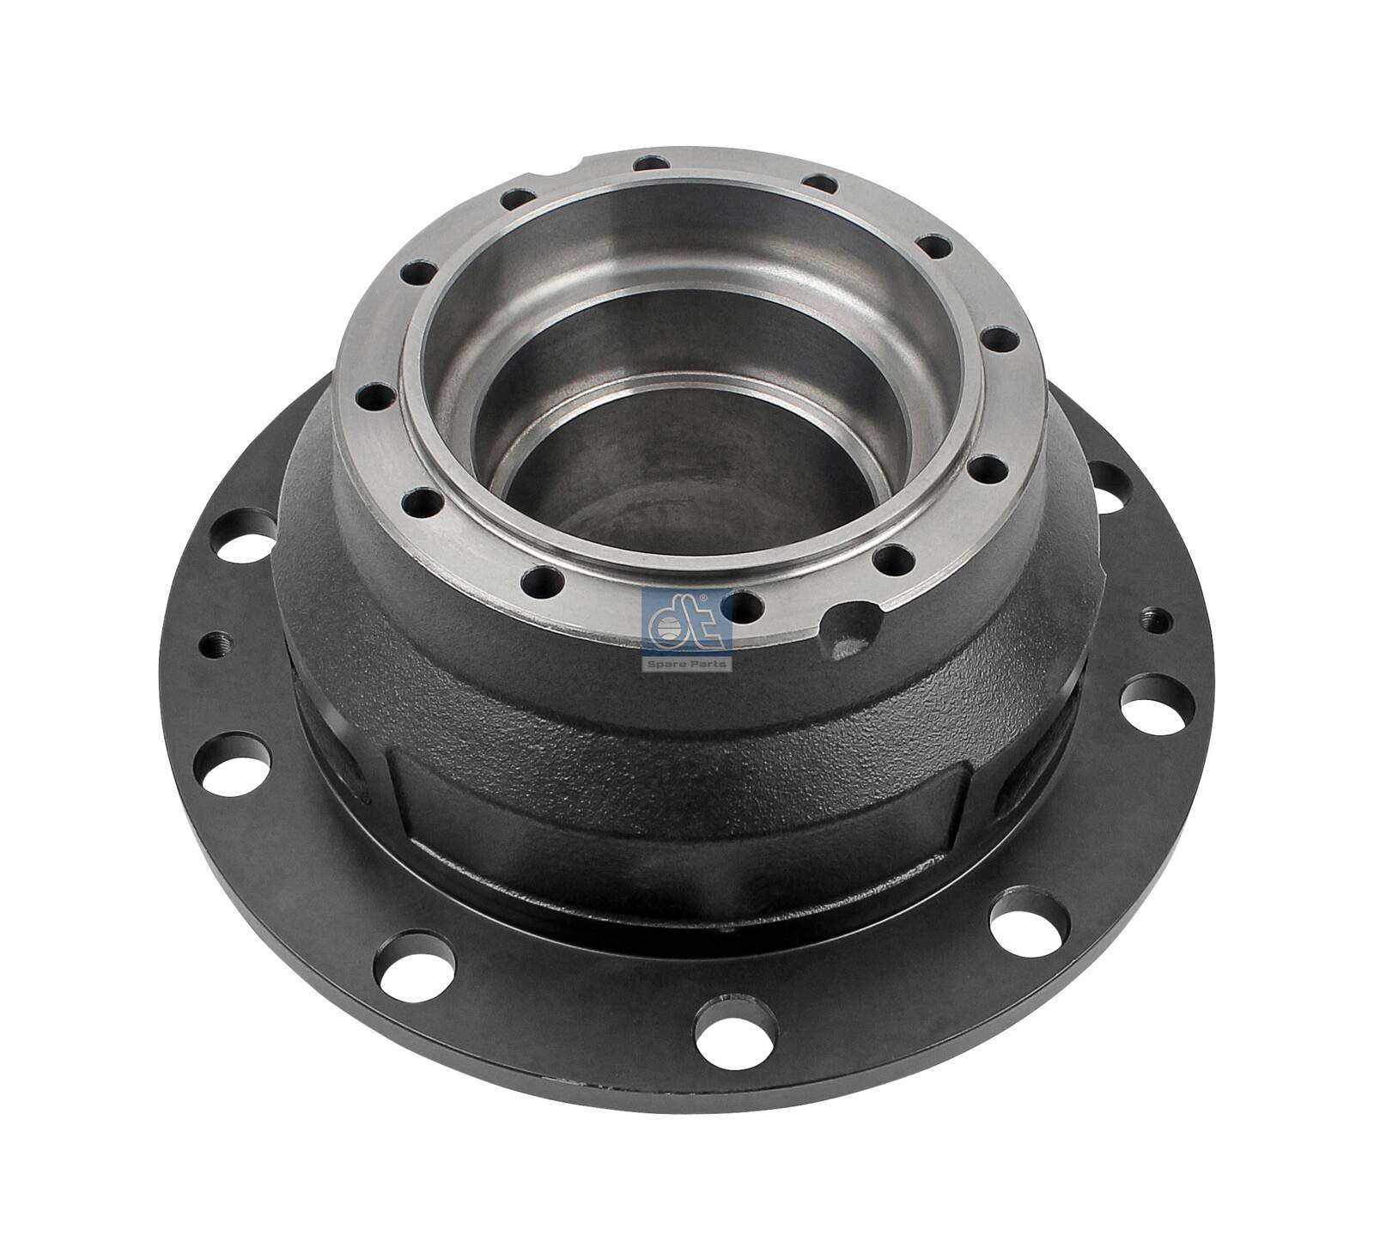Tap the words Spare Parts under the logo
[686, 663]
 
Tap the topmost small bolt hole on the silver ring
[654, 162]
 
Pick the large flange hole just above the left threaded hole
[249, 535]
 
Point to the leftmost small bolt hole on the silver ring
[373, 397]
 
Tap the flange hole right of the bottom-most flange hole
[1028, 924]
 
